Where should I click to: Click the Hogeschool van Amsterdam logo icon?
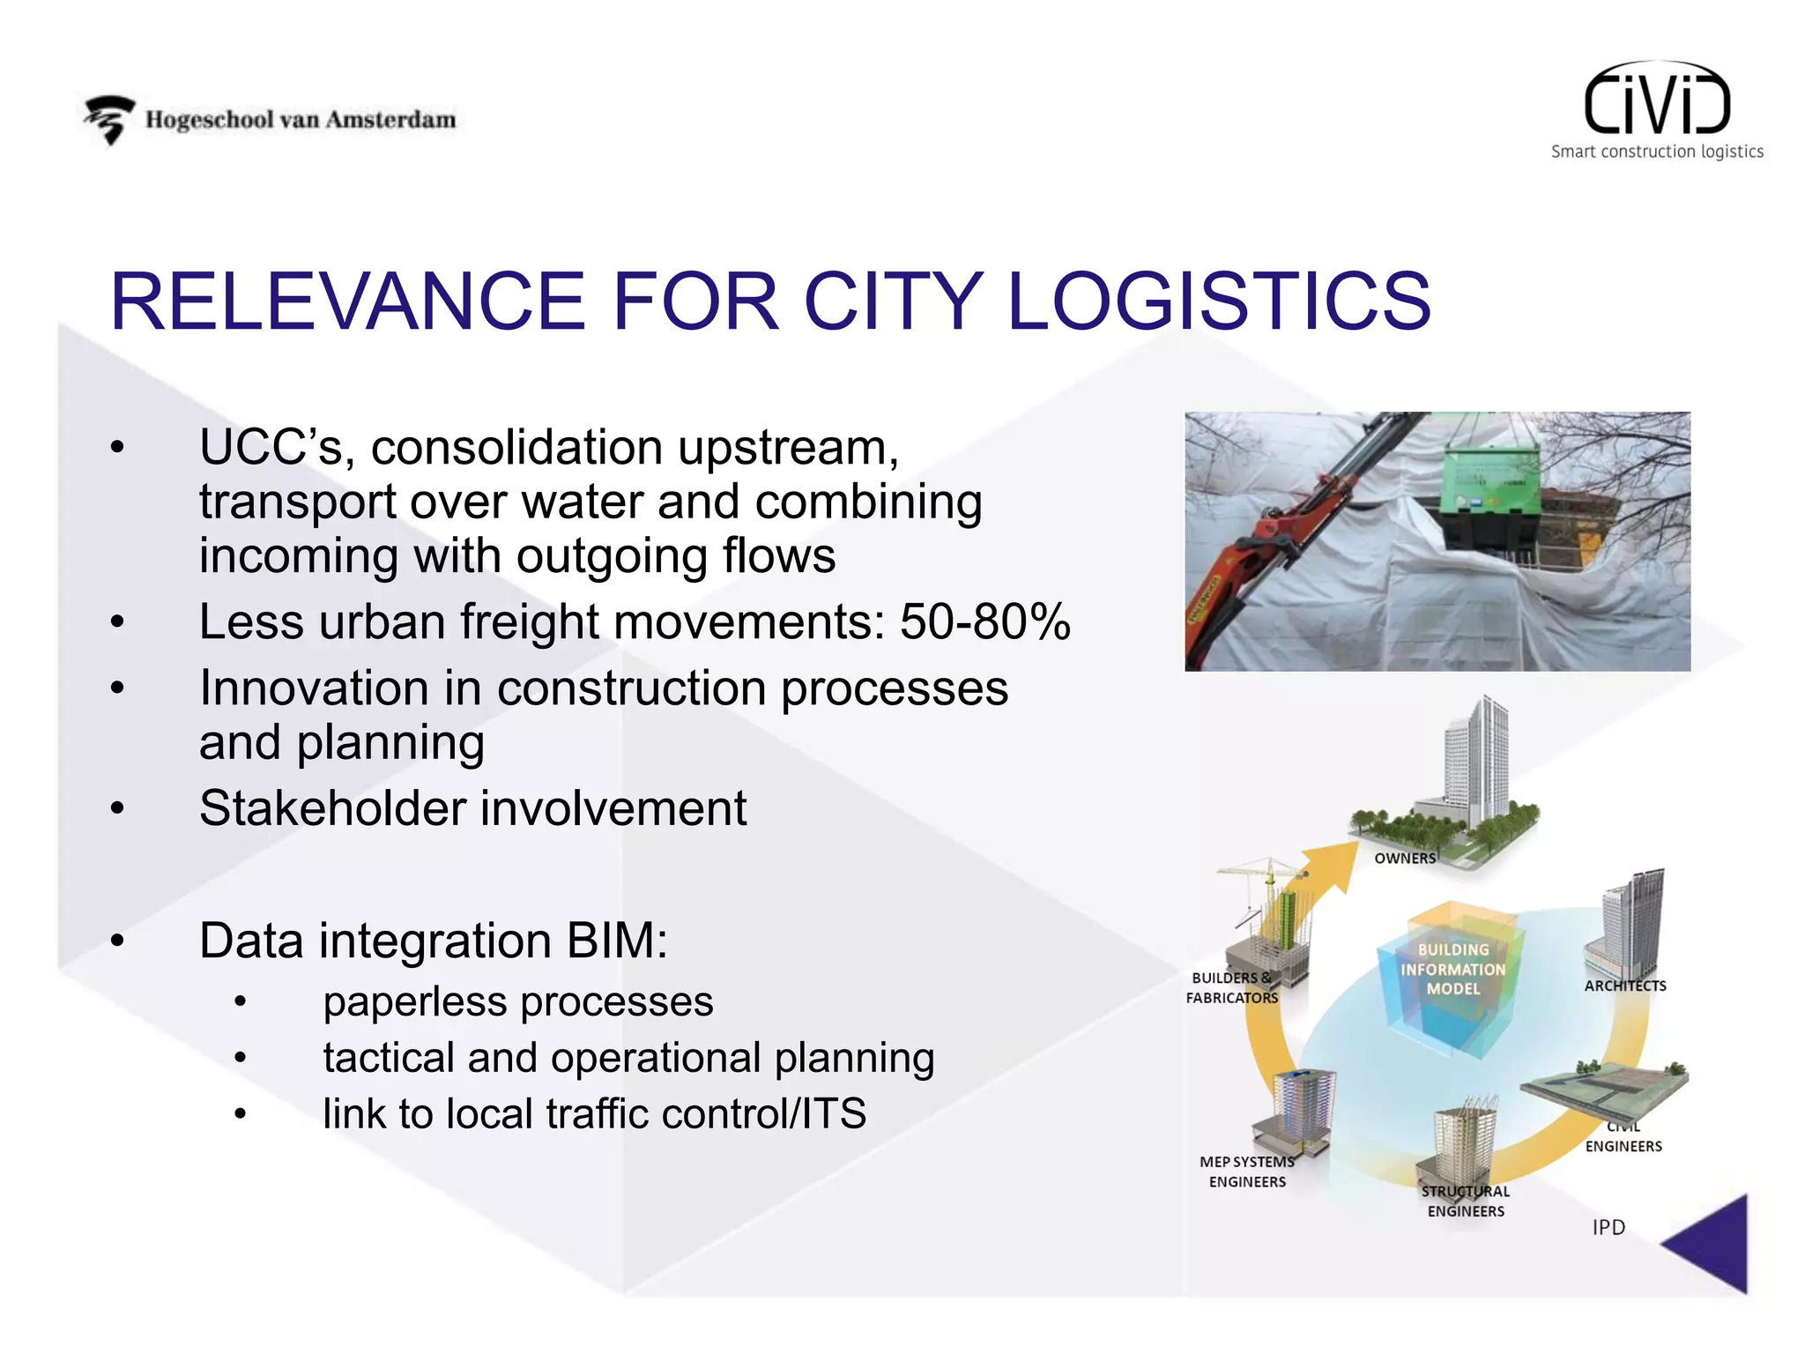[109, 119]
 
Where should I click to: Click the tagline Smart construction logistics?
[1657, 152]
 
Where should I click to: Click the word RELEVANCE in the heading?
[347, 301]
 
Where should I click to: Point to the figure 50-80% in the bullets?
[984, 621]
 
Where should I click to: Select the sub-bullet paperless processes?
[517, 1002]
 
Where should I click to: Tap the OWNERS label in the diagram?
[1405, 859]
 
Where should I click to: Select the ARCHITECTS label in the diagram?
[1625, 986]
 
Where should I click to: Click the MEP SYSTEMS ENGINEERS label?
[1247, 1172]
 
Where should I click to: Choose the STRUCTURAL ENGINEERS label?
[1466, 1201]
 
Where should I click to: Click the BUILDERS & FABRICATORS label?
[1231, 988]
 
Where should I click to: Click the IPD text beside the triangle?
[1608, 1227]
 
